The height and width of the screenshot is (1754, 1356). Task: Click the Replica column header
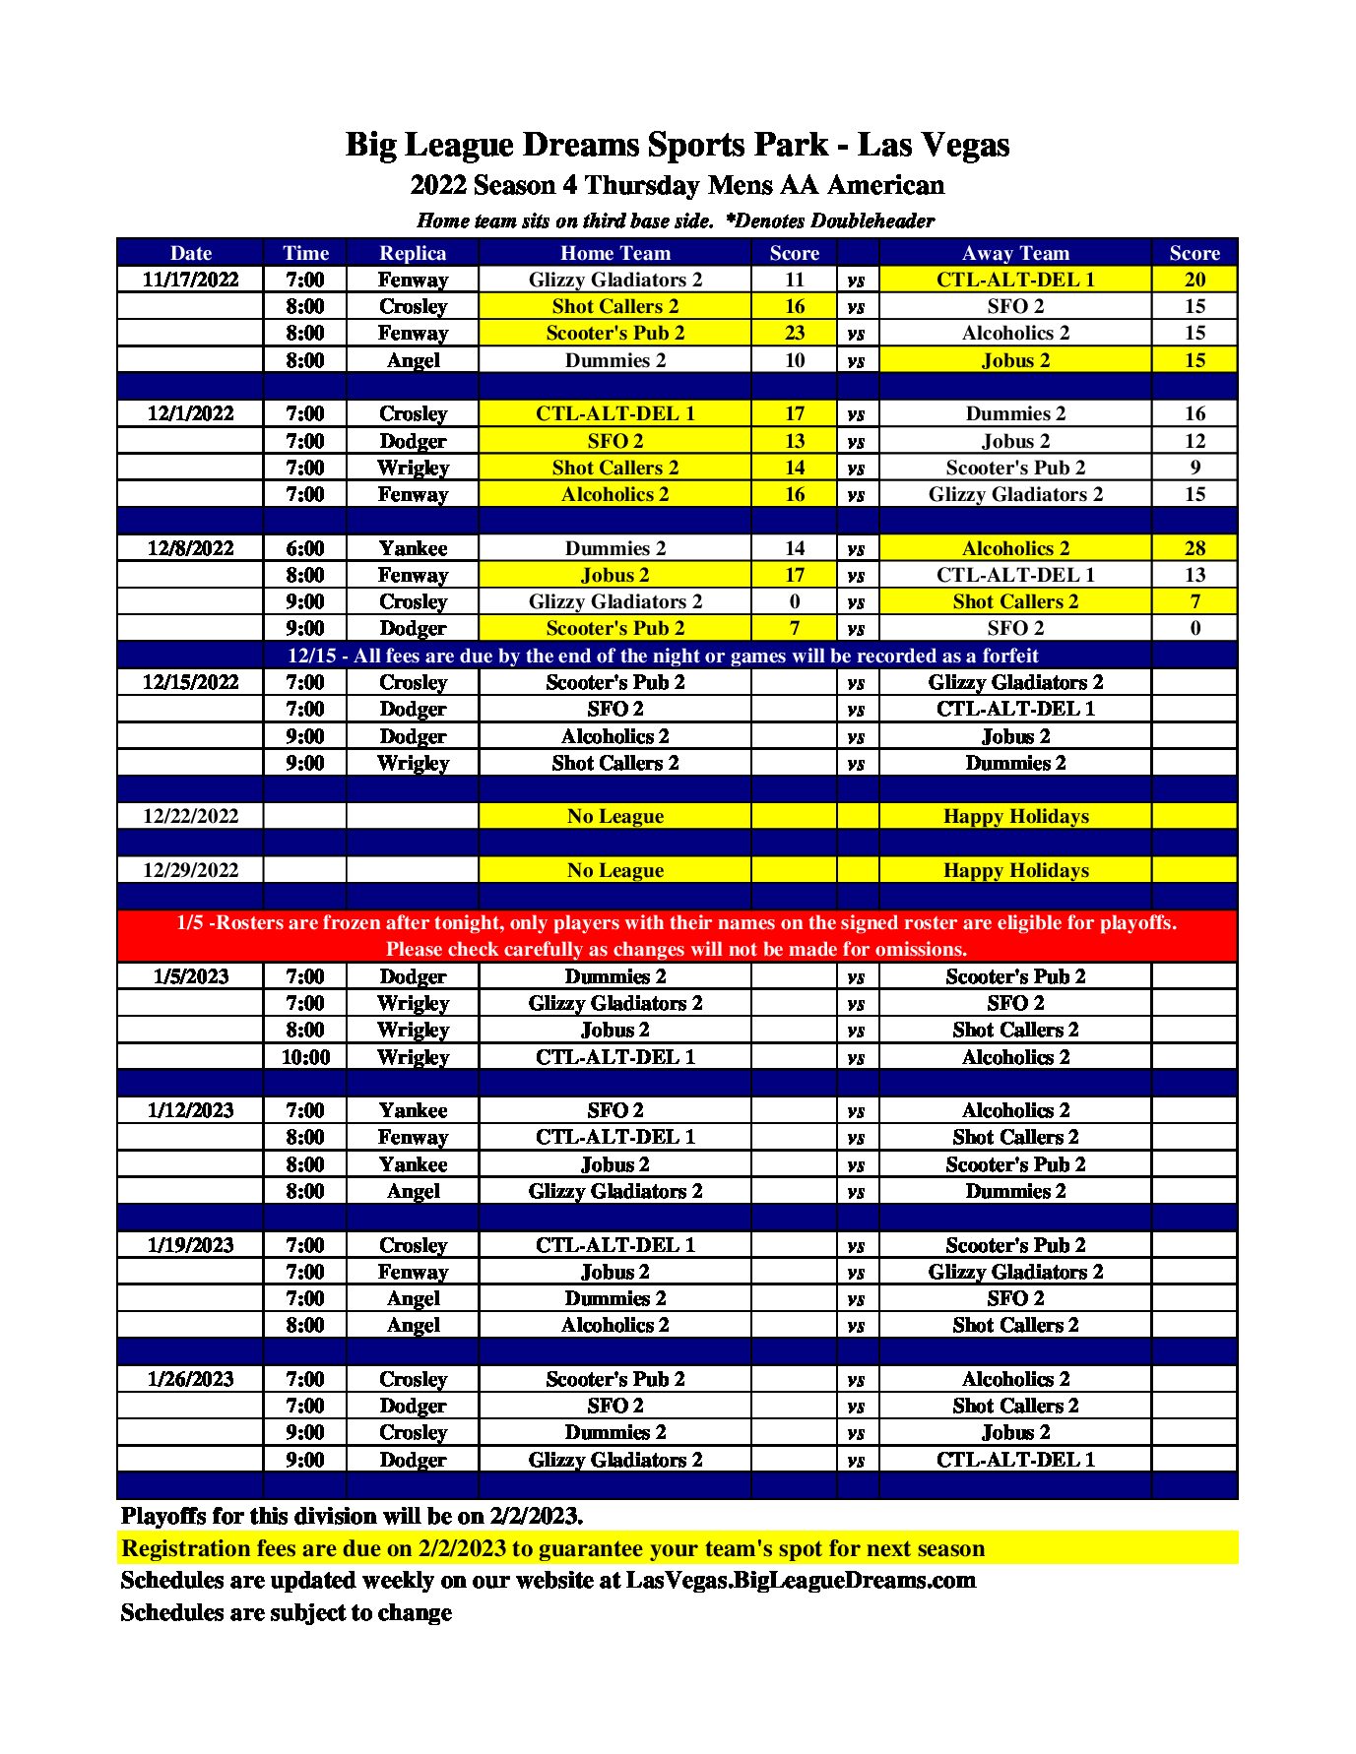(x=413, y=253)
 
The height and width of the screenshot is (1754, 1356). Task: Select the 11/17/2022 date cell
(x=190, y=280)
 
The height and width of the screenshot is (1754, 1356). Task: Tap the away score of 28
(x=1195, y=548)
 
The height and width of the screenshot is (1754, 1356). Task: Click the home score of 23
(x=794, y=333)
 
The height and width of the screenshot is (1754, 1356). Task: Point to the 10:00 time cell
(x=305, y=1057)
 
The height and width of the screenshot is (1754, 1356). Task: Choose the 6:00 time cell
(x=305, y=548)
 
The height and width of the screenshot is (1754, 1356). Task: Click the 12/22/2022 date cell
(x=190, y=816)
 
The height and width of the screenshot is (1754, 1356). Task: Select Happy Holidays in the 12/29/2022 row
(x=1015, y=870)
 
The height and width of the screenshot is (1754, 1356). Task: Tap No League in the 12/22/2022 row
(x=614, y=816)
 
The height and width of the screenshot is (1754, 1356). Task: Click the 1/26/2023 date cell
(x=190, y=1379)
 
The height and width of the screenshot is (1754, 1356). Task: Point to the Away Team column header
(x=1015, y=253)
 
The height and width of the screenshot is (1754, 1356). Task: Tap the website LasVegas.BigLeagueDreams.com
(x=801, y=1580)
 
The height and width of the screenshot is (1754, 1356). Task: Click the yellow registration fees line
(x=552, y=1548)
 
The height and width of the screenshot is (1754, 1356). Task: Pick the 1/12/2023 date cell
(x=190, y=1110)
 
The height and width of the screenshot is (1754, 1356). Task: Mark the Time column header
(x=305, y=253)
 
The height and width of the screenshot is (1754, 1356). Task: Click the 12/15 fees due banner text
(x=663, y=656)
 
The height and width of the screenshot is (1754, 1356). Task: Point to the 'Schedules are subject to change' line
(x=286, y=1612)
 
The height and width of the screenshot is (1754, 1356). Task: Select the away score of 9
(x=1195, y=468)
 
